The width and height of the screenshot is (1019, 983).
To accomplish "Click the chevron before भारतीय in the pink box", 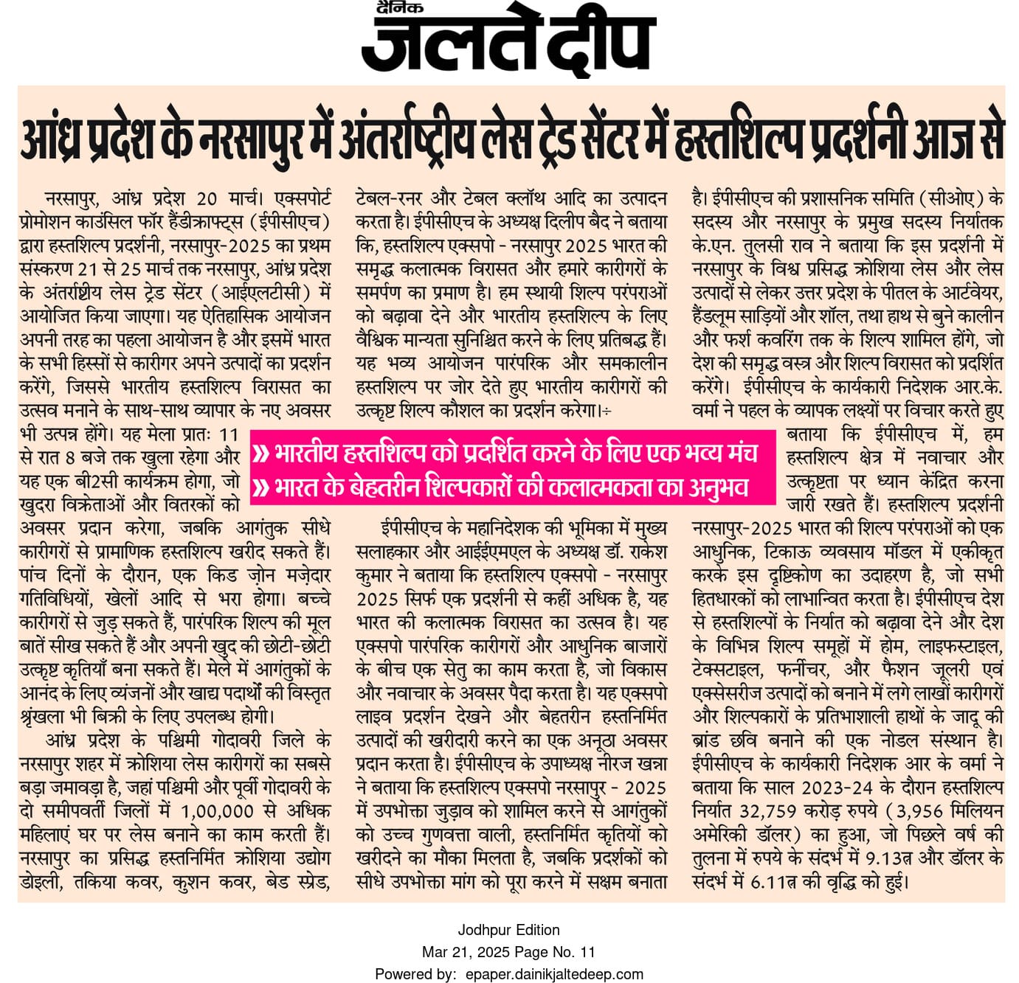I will [260, 452].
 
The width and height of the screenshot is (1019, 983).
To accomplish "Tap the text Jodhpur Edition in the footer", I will [508, 930].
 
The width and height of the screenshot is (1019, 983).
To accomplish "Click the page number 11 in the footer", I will [587, 952].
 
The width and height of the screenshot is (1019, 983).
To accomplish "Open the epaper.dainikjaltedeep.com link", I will [554, 974].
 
